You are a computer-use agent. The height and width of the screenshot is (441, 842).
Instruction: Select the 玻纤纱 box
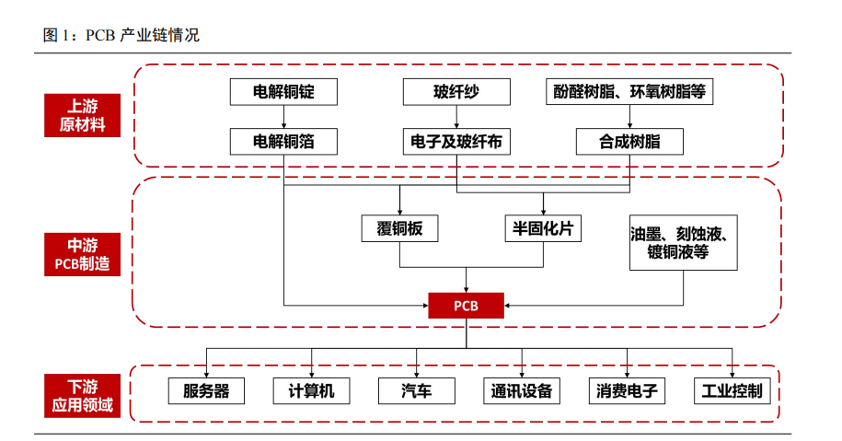(x=456, y=92)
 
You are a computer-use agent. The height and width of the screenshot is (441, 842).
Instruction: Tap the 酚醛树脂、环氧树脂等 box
(x=630, y=92)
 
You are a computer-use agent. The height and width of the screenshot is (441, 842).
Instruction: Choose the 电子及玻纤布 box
(x=456, y=141)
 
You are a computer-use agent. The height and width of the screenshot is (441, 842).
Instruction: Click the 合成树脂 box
(x=630, y=141)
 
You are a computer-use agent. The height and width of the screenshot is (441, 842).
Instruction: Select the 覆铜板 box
(x=399, y=228)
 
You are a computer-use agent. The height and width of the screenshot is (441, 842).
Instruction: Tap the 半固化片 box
(x=543, y=228)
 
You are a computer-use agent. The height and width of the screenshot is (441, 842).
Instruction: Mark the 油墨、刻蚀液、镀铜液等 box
(x=684, y=243)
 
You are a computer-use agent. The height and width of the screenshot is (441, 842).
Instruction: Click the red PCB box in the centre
(x=466, y=305)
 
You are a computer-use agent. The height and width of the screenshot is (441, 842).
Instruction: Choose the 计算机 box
(x=311, y=390)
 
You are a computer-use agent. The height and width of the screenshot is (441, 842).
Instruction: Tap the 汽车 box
(x=416, y=390)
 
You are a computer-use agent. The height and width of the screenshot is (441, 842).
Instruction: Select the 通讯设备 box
(x=522, y=390)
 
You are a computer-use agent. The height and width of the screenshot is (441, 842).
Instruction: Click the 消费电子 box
(x=628, y=390)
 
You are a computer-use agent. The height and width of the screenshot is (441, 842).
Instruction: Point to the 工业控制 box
(x=732, y=390)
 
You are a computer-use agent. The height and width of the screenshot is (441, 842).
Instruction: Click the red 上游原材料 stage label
(x=82, y=115)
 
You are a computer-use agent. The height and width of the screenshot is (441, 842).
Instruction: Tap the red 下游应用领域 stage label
(x=82, y=394)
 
